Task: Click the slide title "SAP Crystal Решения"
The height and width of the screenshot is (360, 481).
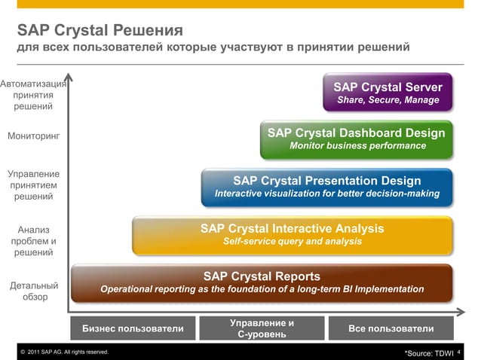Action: pyautogui.click(x=100, y=31)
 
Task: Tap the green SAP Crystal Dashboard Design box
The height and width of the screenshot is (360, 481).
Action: pyautogui.click(x=356, y=139)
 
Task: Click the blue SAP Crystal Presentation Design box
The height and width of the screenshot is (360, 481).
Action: pyautogui.click(x=326, y=187)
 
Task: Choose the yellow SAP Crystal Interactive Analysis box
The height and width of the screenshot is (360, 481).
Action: pyautogui.click(x=292, y=234)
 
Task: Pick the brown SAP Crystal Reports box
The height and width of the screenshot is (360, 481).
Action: pyautogui.click(x=262, y=282)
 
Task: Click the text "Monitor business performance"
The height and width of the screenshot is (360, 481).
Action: pyautogui.click(x=357, y=146)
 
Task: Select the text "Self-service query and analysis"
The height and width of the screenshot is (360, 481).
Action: pyautogui.click(x=292, y=242)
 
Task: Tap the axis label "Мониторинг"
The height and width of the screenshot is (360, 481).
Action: pyautogui.click(x=33, y=136)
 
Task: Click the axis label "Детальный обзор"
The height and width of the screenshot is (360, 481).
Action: pyautogui.click(x=33, y=291)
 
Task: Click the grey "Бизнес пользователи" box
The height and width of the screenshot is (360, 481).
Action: pyautogui.click(x=133, y=328)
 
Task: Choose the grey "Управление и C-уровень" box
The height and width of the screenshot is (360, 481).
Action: pyautogui.click(x=262, y=328)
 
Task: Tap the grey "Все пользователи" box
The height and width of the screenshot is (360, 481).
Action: pyautogui.click(x=391, y=328)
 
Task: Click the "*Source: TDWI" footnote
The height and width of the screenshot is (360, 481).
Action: pyautogui.click(x=429, y=352)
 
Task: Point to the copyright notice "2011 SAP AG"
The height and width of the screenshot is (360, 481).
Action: pyautogui.click(x=64, y=352)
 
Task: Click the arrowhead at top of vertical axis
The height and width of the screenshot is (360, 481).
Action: pyautogui.click(x=69, y=76)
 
